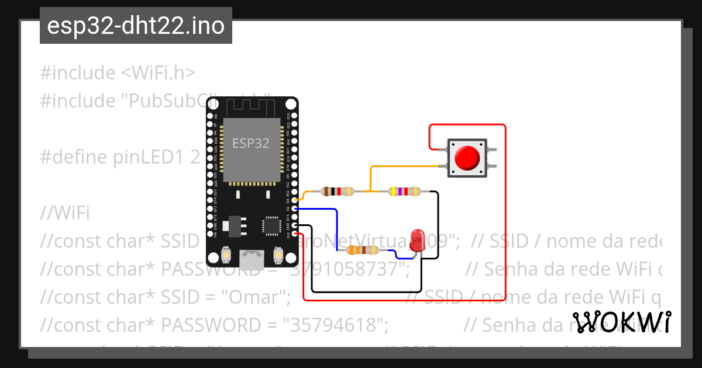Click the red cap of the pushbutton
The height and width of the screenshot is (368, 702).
point(467,157)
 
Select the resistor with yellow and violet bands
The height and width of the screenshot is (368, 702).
point(404,191)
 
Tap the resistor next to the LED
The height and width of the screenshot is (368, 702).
point(363,250)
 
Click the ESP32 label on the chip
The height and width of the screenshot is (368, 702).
point(251,143)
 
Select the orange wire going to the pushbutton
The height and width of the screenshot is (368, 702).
point(404,166)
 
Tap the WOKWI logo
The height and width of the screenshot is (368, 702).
point(621,322)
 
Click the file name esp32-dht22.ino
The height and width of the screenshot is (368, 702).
point(136,26)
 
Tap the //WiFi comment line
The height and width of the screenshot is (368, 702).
point(65,213)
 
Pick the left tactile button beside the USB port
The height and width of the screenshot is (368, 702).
point(226,255)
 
